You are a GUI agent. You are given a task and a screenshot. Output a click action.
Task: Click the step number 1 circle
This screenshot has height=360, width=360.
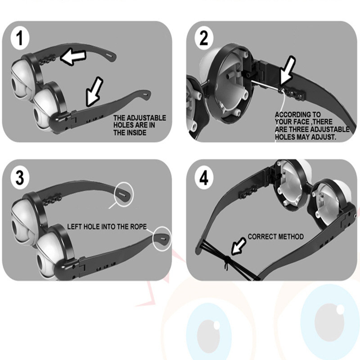pos(20,38)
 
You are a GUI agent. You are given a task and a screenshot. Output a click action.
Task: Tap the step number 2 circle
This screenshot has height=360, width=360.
pos(204,38)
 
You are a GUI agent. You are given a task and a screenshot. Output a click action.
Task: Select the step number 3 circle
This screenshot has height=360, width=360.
pos(20,177)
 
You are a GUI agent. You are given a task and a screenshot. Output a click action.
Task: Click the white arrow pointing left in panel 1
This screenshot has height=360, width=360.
pos(73,57)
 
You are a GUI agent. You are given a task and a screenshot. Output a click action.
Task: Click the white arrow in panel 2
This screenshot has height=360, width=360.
pos(287,71)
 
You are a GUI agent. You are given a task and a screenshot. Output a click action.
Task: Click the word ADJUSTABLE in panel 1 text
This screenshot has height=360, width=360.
pos(146,118)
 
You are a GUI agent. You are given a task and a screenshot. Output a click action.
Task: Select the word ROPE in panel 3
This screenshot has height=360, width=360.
pos(139,227)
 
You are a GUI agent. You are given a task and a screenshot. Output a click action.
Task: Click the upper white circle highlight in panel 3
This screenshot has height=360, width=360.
pos(124,194)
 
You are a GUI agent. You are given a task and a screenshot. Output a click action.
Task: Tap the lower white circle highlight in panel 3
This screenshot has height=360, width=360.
pos(162,238)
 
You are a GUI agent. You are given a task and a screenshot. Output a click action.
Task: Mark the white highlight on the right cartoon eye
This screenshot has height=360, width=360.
pos(340,310)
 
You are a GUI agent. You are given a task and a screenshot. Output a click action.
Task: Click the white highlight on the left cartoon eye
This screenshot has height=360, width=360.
pos(216,325)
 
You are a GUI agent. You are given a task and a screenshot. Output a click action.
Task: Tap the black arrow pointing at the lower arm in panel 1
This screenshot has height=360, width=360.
pos(94,92)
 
